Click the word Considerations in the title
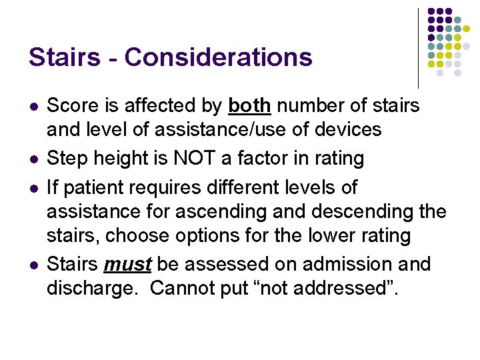(x=218, y=57)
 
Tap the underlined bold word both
(x=249, y=105)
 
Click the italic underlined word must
(x=128, y=264)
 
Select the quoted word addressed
(x=337, y=288)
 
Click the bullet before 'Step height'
(x=33, y=159)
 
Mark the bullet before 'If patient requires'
(x=33, y=189)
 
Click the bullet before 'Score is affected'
(x=33, y=106)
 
